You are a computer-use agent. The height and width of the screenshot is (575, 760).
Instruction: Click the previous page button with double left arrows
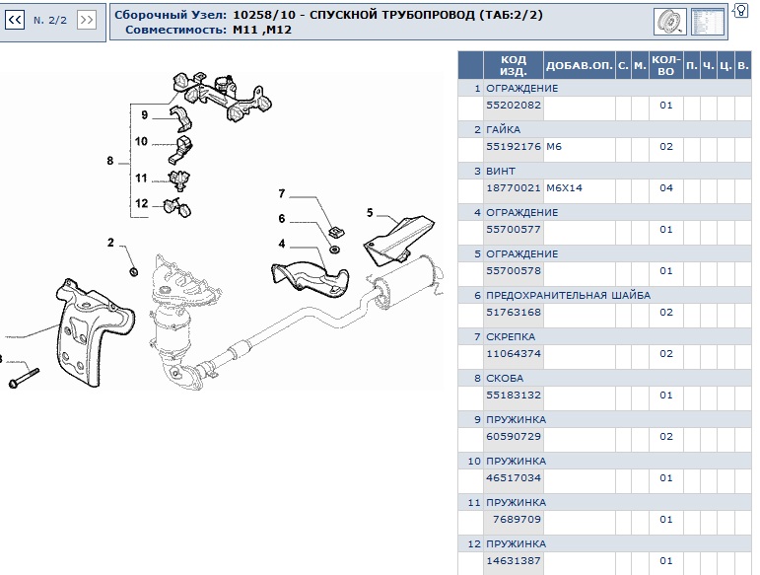click(x=15, y=20)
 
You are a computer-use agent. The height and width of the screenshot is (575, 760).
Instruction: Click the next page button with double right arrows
click(x=87, y=20)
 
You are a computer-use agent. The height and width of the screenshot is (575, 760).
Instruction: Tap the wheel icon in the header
click(x=670, y=22)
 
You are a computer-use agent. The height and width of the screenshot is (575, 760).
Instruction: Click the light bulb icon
click(x=740, y=10)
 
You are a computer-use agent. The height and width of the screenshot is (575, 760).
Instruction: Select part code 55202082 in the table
click(x=514, y=105)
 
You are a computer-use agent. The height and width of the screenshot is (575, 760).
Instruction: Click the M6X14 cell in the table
click(x=564, y=187)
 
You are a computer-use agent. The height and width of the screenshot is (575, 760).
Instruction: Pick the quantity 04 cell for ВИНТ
click(x=666, y=187)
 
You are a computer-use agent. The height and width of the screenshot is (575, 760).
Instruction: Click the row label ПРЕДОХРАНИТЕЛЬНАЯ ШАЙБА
click(x=568, y=295)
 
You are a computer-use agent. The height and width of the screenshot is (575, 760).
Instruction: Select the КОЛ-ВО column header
click(x=666, y=65)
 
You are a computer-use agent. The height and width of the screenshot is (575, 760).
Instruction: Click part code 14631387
click(x=514, y=560)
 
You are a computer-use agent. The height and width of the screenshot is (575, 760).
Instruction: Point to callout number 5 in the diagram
click(x=370, y=213)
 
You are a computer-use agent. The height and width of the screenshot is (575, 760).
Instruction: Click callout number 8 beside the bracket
click(x=110, y=161)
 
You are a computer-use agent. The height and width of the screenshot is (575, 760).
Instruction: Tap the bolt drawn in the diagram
click(x=24, y=378)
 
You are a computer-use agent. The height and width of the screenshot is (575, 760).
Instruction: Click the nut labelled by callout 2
click(x=133, y=271)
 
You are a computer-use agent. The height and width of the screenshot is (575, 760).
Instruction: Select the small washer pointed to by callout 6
click(x=334, y=250)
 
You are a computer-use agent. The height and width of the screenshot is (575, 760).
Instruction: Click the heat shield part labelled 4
click(x=311, y=279)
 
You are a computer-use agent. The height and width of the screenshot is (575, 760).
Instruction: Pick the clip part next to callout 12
click(x=176, y=207)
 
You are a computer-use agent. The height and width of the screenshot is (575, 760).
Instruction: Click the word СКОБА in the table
click(x=505, y=378)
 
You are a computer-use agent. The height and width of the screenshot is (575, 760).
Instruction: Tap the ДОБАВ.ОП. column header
click(x=580, y=65)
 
